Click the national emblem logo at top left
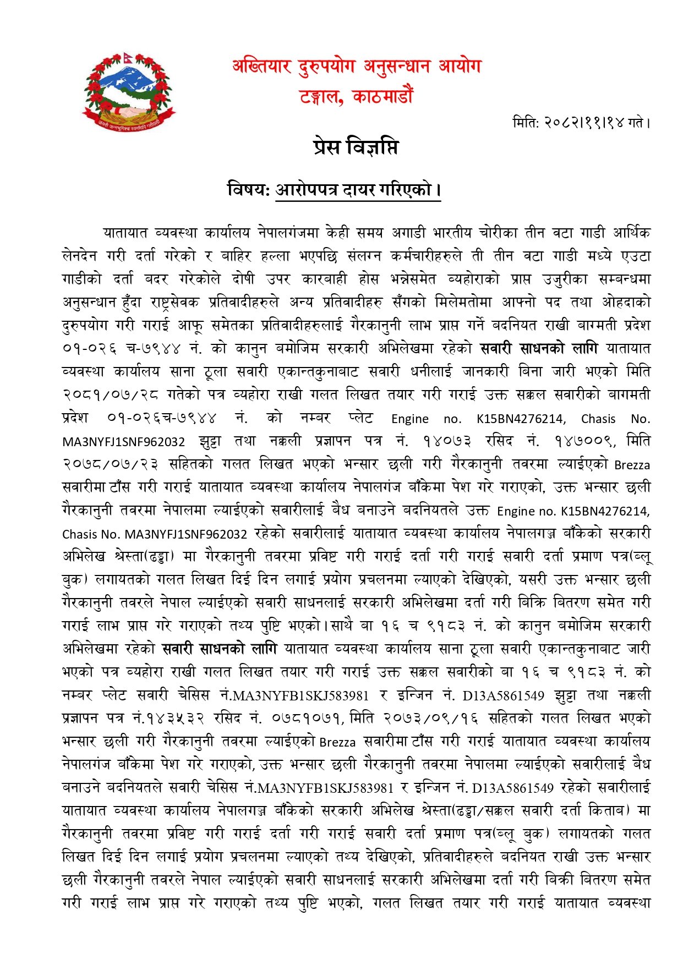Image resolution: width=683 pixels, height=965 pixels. [x=128, y=92]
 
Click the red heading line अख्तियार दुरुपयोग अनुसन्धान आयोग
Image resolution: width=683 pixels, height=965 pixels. [x=357, y=67]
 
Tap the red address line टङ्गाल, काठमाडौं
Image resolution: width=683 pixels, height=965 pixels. [x=356, y=97]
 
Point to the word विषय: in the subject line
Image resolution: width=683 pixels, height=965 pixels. [x=248, y=190]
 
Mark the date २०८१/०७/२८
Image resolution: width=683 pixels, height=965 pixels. [x=110, y=395]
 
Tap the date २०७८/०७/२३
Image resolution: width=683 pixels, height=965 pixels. [x=110, y=464]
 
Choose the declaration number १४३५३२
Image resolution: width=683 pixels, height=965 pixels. [x=174, y=719]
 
